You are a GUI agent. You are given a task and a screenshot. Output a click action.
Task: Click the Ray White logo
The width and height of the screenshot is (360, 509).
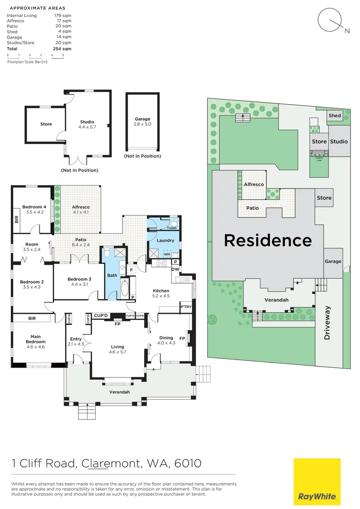[x=317, y=481]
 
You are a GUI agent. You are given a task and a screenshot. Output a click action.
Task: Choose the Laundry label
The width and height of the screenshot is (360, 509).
[x=165, y=240]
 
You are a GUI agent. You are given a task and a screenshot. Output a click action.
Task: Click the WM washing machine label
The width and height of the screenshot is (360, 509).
[x=167, y=254]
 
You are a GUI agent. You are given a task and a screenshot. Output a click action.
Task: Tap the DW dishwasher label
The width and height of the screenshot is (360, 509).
[x=175, y=270]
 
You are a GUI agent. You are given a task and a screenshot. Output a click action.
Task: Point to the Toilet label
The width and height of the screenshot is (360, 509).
[x=172, y=228]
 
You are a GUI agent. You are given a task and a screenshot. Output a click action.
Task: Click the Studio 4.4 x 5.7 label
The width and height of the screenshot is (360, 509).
[x=87, y=124]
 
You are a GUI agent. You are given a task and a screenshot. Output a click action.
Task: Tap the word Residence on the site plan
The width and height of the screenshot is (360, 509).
[x=268, y=240]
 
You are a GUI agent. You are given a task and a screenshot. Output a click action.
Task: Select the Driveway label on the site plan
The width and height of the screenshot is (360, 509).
[x=328, y=323]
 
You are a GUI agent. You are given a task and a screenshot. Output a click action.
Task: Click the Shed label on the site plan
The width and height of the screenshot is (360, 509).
[x=335, y=115]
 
